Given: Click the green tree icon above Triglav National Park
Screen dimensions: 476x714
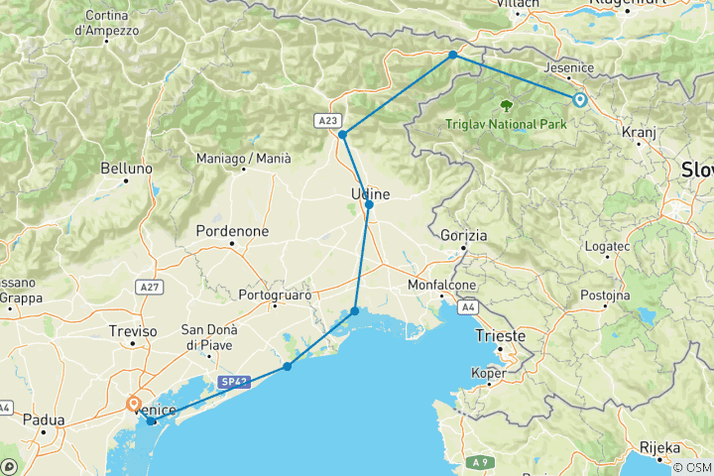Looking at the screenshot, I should coord(508,104).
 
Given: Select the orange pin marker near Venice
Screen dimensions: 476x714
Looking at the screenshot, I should coord(134,404).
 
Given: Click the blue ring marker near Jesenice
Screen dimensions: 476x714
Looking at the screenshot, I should coord(578,98).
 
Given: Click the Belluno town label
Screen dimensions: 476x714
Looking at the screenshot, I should coord(128,170).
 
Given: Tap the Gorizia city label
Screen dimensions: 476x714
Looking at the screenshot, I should coord(464,236).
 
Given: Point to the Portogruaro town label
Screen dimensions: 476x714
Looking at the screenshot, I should coord(276,296).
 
